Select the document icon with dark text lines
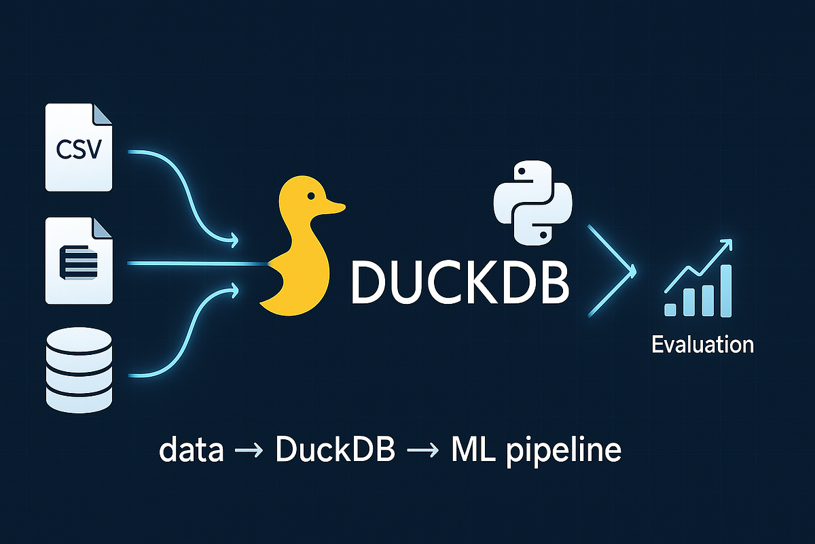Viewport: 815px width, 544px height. (79, 261)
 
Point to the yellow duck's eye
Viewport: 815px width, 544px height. (310, 197)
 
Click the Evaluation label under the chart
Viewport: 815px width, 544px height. (702, 344)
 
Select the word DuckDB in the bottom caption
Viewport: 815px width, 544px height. (336, 452)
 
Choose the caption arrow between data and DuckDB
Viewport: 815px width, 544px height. (249, 453)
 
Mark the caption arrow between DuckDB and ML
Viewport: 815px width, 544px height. (422, 453)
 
